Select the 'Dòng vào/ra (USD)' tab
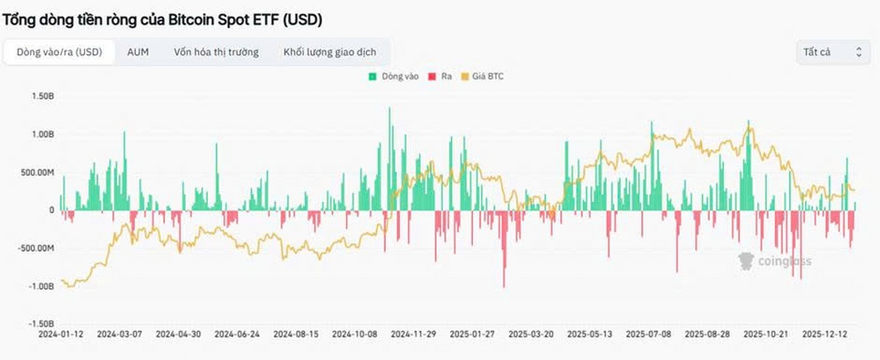click(59, 52)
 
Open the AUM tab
click(137, 52)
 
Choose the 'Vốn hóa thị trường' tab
click(216, 52)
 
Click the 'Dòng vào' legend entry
click(394, 76)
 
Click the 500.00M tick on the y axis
click(38, 173)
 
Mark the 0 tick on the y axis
click(51, 211)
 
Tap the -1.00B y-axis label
click(40, 286)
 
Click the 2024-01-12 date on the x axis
click(61, 333)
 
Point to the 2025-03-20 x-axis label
click(531, 333)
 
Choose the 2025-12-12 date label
click(825, 333)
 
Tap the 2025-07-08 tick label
click(649, 333)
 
